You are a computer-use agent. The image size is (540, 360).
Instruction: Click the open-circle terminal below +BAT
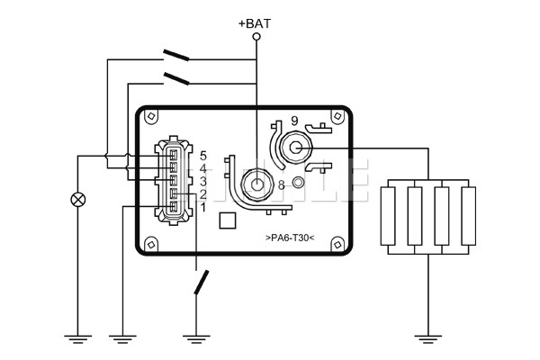click(x=256, y=37)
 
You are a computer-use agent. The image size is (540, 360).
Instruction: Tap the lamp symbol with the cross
click(x=78, y=200)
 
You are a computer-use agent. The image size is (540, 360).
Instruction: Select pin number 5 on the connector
click(x=203, y=156)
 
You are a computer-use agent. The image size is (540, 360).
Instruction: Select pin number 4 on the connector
click(x=203, y=168)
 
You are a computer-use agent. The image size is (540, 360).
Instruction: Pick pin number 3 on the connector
click(x=203, y=181)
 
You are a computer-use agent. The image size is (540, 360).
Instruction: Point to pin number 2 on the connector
click(x=203, y=194)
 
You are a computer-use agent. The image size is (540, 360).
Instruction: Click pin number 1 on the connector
click(x=203, y=208)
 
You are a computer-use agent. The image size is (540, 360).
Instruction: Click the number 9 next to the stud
click(x=294, y=121)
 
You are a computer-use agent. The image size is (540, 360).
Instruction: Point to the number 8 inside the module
click(x=282, y=184)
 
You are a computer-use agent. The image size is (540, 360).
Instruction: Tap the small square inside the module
click(x=228, y=219)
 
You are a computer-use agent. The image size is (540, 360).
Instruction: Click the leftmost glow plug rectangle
click(x=390, y=214)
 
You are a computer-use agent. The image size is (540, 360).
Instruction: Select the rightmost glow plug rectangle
click(x=467, y=214)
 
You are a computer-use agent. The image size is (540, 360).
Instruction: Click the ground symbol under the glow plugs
click(x=428, y=339)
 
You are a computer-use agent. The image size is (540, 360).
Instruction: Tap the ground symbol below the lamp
click(x=78, y=339)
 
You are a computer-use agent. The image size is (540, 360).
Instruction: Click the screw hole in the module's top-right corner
click(x=337, y=117)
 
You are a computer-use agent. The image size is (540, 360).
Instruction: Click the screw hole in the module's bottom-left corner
click(x=151, y=241)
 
